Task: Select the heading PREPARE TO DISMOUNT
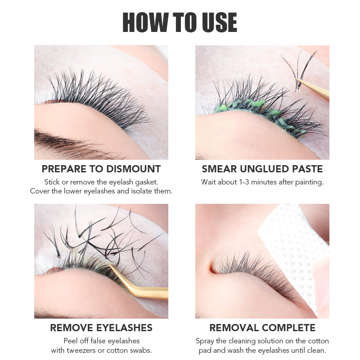pyautogui.click(x=101, y=169)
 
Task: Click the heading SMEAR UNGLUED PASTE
pyautogui.click(x=262, y=169)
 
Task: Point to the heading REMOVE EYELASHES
pyautogui.click(x=101, y=328)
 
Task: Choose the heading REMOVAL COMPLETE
pyautogui.click(x=262, y=328)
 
